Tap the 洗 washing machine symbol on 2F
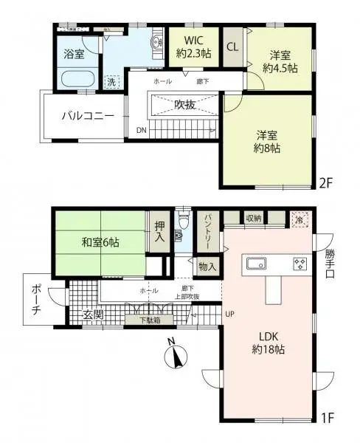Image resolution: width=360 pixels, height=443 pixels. (x=112, y=83)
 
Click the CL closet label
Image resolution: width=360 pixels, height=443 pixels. (x=232, y=47)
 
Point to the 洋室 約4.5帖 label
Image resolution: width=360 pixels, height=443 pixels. (x=281, y=61)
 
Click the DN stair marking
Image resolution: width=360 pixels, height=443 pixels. (x=141, y=131)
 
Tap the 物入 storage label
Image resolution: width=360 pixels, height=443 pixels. (x=207, y=267)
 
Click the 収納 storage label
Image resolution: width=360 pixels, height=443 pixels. (x=254, y=218)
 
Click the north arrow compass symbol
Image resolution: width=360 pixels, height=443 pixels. (x=176, y=357)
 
